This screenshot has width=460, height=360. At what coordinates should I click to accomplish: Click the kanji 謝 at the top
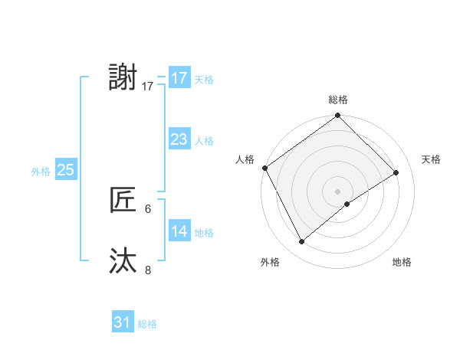tap(123, 78)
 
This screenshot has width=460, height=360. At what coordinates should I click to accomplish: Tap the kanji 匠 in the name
tap(123, 200)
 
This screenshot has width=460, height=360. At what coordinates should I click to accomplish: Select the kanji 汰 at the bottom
tap(123, 261)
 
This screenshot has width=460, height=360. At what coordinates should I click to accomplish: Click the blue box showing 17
tap(179, 78)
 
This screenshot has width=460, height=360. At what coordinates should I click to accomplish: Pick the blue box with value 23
tap(179, 139)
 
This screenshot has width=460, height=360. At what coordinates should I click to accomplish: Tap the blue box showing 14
tap(179, 231)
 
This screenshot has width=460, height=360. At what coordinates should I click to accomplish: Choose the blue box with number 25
tap(66, 170)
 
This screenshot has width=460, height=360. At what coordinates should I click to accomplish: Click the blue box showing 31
tap(123, 322)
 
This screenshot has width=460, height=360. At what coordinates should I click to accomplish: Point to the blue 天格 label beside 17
tap(204, 79)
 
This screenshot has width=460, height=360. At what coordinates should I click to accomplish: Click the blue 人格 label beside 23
tap(204, 140)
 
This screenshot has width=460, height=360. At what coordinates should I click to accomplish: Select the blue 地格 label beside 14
tap(204, 232)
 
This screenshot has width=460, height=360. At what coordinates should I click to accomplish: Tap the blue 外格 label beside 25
tap(41, 171)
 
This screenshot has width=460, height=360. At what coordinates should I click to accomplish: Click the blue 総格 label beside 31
tap(147, 323)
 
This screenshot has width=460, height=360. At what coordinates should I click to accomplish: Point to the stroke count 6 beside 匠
tap(148, 208)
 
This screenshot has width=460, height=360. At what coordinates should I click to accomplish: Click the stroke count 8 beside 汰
tap(148, 269)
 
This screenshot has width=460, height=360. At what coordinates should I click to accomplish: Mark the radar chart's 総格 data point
tap(337, 116)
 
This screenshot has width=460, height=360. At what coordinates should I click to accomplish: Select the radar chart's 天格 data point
tap(396, 172)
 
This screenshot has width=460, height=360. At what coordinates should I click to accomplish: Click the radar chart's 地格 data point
tap(347, 204)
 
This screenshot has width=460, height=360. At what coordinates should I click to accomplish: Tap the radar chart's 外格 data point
tap(302, 242)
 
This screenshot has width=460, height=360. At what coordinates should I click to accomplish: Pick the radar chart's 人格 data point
tap(264, 168)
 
